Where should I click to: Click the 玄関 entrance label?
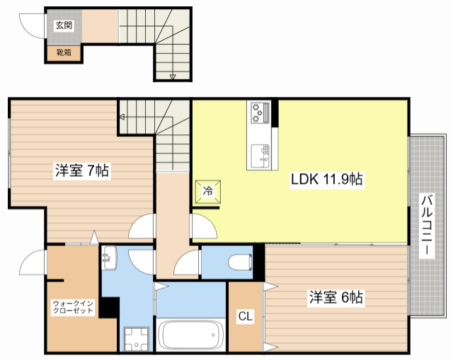(64, 25)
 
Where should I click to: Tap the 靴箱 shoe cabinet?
(64, 52)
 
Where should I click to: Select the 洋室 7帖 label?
(81, 170)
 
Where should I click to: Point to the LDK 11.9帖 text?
(327, 179)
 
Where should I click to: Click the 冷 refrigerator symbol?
(209, 190)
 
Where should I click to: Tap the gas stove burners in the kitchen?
(258, 112)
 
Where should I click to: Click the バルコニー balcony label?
(428, 226)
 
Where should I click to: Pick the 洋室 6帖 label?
(336, 298)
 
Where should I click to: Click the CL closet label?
(245, 316)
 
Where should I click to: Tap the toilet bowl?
(238, 262)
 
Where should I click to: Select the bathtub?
(189, 335)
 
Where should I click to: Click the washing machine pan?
(135, 337)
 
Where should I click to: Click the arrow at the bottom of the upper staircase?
(172, 76)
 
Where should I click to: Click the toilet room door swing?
(188, 265)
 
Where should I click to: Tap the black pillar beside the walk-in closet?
(109, 307)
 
